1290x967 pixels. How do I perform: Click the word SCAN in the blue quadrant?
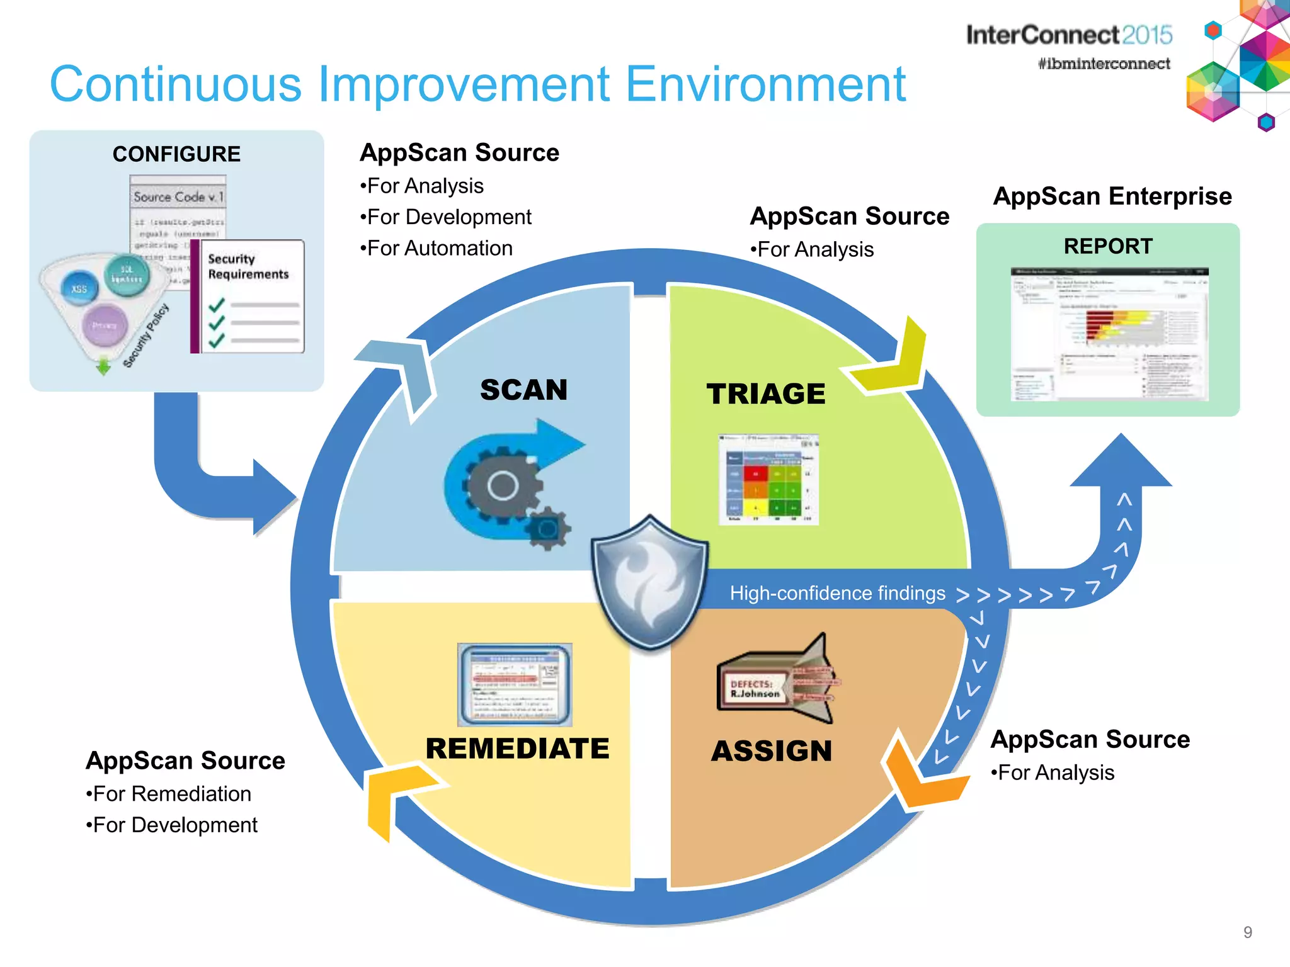pos(523,390)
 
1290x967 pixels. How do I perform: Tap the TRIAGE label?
pos(765,394)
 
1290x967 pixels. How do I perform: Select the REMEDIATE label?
pos(517,749)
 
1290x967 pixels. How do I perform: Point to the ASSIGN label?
pos(772,751)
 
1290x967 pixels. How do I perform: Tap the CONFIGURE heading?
pos(176,154)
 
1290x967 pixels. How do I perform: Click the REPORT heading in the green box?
pos(1108,246)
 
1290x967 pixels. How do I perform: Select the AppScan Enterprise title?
pos(1112,196)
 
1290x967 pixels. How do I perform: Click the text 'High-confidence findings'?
pos(837,593)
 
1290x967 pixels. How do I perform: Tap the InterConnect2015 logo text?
pos(1069,35)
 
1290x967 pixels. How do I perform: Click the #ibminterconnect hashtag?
pos(1104,64)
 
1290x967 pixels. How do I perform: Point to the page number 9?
pos(1247,932)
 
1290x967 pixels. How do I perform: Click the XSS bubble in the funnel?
pos(79,289)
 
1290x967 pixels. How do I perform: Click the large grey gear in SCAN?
pos(503,485)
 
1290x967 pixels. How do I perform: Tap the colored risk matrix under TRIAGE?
pos(768,480)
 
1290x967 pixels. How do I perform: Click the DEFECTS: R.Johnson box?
pos(754,689)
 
